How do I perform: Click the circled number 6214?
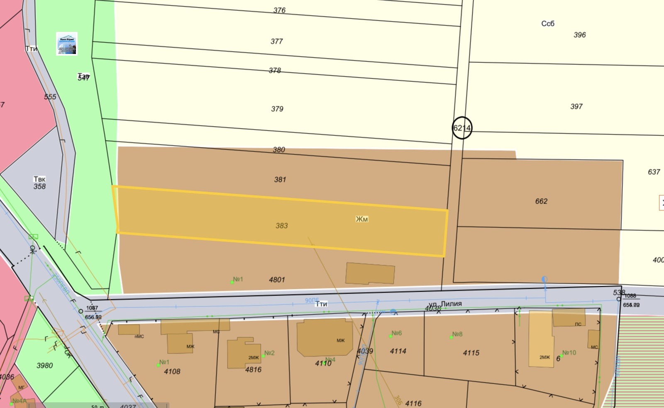click(x=461, y=128)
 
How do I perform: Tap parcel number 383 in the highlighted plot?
click(x=281, y=226)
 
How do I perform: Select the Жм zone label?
click(x=361, y=219)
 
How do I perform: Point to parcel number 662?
click(x=541, y=201)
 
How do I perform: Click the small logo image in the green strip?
click(x=67, y=44)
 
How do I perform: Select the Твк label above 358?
click(x=39, y=179)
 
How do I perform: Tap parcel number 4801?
click(x=277, y=280)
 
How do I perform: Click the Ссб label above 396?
click(x=547, y=24)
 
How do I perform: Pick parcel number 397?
click(x=576, y=107)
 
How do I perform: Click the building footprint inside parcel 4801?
click(x=370, y=274)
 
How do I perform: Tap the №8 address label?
click(x=457, y=334)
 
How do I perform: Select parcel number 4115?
click(x=471, y=353)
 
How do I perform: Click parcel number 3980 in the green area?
click(x=44, y=366)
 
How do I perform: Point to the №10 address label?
click(x=569, y=353)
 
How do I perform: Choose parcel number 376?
click(x=279, y=10)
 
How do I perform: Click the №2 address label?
click(x=269, y=353)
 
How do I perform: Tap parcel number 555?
click(x=50, y=97)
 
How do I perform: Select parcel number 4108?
click(x=172, y=371)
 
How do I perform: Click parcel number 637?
click(x=654, y=172)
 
